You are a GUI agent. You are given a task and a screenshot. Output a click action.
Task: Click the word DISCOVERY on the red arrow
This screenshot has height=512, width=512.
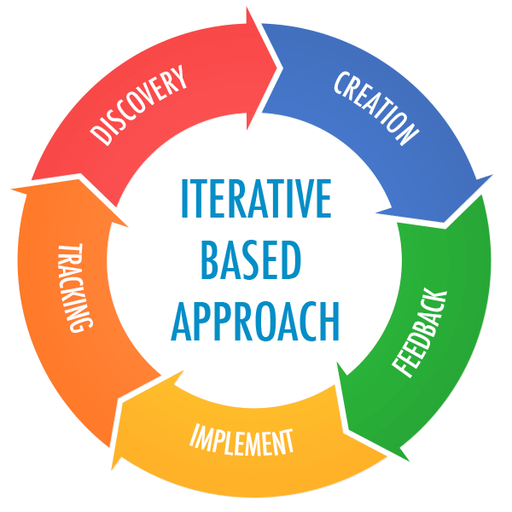point(138,105)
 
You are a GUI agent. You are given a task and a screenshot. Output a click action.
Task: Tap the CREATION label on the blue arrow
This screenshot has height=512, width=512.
point(376,108)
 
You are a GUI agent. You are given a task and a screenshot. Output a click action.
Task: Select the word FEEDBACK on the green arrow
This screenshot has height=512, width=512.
point(419,333)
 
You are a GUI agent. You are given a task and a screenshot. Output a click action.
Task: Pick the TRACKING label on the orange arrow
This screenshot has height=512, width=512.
point(75,288)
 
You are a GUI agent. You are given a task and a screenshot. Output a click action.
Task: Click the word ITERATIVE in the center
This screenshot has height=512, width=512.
point(256,198)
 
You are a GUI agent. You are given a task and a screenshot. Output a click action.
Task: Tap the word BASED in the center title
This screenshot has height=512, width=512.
point(250,259)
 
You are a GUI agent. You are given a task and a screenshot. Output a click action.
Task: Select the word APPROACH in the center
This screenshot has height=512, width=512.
point(255,322)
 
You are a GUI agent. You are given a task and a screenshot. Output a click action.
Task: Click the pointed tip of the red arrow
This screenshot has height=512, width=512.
point(282,68)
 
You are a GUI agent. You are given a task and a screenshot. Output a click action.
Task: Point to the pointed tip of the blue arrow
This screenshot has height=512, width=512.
point(445,223)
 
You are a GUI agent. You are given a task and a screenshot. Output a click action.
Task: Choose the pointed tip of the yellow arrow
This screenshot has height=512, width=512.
point(112,470)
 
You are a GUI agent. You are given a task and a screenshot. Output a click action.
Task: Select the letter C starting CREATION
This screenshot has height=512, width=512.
point(341,83)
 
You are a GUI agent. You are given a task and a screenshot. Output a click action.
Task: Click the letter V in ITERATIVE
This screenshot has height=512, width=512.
point(301,198)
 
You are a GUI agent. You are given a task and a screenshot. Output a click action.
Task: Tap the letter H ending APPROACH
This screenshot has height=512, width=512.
point(329,322)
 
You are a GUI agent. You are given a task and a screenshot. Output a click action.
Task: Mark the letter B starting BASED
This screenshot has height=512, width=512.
point(211,260)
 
